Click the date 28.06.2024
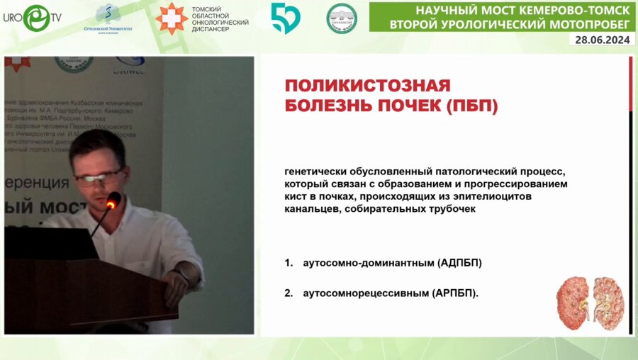[x=603, y=40]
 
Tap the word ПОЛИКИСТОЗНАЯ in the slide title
[x=367, y=86]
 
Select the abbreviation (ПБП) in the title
[x=473, y=106]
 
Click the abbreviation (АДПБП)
[x=457, y=263]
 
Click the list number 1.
[x=289, y=263]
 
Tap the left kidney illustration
[x=573, y=301]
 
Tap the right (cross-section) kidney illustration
[x=608, y=300]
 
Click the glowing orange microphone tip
[x=111, y=204]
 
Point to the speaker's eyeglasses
[x=99, y=176]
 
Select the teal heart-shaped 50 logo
[x=285, y=18]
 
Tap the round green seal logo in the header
[x=341, y=18]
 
